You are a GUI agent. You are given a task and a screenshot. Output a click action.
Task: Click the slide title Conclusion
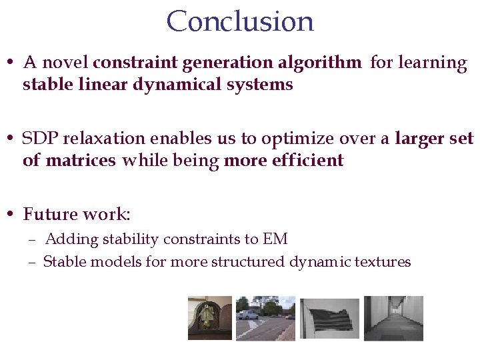240,21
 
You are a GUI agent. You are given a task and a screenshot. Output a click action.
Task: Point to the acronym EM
275,239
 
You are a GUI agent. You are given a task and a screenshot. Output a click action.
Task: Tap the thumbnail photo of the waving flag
329,319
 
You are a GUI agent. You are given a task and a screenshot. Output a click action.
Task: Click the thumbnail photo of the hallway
393,319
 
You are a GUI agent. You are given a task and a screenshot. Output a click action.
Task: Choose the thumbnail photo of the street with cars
265,319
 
